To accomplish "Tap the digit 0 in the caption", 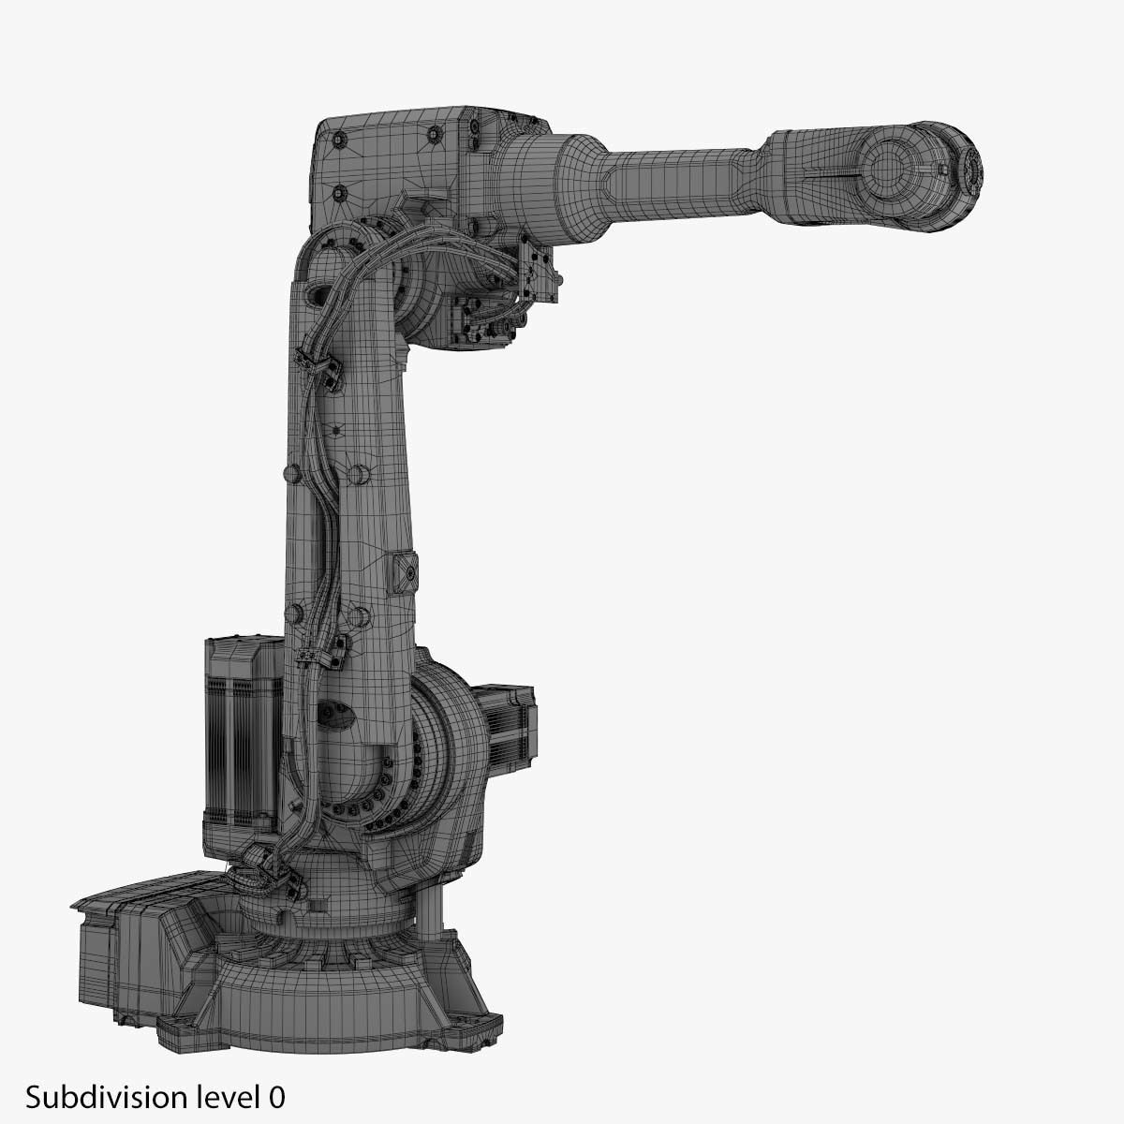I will point(276,1097).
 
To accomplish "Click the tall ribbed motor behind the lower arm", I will point(242,735).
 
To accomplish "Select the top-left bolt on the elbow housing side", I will point(338,139).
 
